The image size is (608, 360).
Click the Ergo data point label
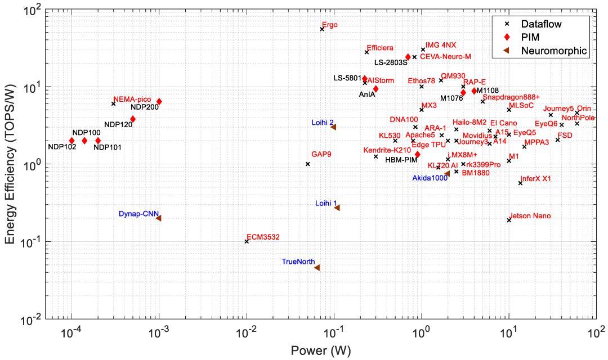point(330,25)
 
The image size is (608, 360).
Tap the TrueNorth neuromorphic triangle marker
point(317,268)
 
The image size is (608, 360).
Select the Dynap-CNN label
point(136,214)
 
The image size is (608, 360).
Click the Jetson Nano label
point(530,216)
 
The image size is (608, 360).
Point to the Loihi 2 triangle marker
point(333,127)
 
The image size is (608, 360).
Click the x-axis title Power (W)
point(321,350)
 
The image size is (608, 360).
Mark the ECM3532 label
point(263,237)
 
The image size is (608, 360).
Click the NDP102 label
point(62,147)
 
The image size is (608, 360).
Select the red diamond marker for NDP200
point(159,102)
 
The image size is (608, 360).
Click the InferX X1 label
point(535,179)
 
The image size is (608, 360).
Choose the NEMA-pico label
point(132,100)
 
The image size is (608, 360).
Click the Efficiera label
point(380,48)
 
